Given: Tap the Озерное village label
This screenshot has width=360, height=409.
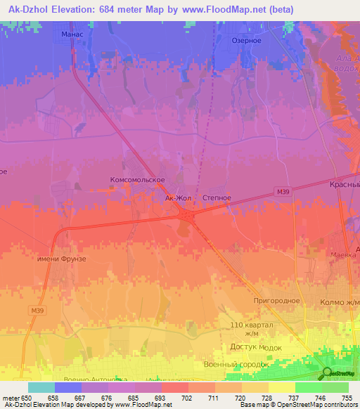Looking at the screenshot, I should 247,41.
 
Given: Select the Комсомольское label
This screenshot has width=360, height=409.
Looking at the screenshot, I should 137,180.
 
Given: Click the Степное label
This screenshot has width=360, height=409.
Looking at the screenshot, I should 217,198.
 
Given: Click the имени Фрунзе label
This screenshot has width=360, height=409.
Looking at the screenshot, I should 62,259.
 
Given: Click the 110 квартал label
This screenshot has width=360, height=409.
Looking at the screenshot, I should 250,326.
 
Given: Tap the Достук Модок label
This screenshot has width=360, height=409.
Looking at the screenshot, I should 256,347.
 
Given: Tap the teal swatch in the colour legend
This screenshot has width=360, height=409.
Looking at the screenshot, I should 41,387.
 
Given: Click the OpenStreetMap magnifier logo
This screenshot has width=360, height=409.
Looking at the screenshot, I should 328,372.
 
